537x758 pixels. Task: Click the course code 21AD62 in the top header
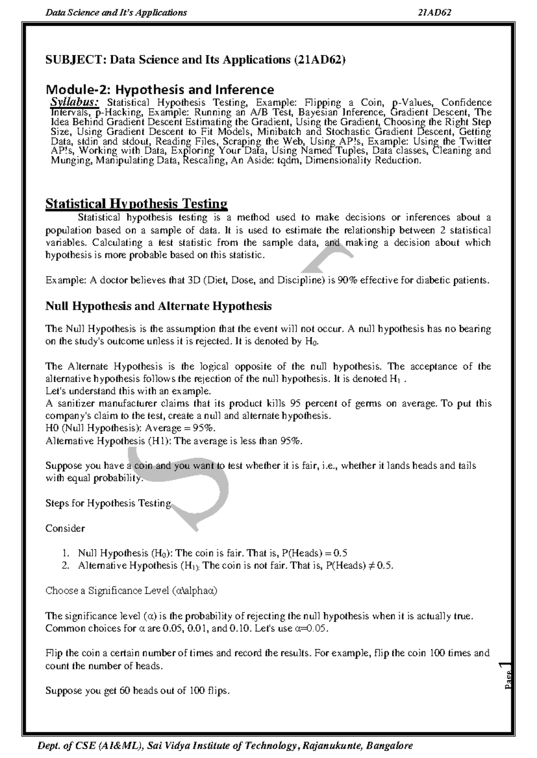coord(434,13)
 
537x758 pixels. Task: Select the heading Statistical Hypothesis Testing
coord(136,204)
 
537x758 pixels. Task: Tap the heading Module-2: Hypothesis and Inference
coord(160,90)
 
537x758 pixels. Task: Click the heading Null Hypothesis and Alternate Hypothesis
coord(158,306)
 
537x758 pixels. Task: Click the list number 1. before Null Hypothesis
coord(66,553)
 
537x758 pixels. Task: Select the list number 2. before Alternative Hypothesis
coord(66,565)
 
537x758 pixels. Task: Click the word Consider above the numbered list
coord(65,528)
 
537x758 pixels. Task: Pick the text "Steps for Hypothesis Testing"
coord(108,503)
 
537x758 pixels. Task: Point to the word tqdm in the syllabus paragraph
coord(290,160)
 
